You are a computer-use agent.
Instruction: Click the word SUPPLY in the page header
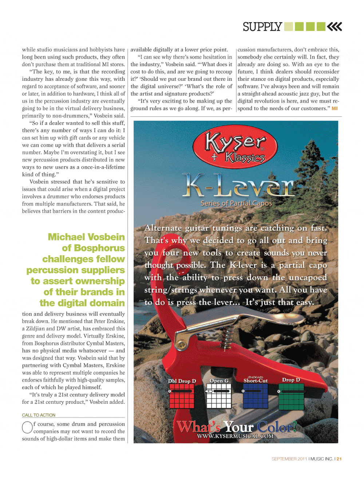262,27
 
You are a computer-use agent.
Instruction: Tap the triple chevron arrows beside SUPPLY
335,27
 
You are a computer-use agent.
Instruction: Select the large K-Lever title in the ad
238,185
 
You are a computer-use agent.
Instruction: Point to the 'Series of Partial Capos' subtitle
236,204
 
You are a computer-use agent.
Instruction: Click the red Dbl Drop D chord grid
182,397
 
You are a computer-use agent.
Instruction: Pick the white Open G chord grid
219,397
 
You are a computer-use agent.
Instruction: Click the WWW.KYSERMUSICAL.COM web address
235,436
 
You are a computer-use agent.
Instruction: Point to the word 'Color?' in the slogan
277,427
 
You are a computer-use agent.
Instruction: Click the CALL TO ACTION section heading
39,415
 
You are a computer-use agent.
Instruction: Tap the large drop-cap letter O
27,427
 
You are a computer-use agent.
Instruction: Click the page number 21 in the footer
339,459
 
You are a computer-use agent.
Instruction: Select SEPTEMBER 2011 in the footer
289,459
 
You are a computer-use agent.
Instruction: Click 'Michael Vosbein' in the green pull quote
86,237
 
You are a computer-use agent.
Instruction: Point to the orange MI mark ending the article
335,108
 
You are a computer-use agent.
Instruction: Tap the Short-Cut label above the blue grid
256,381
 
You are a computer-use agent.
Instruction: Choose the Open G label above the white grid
219,381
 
